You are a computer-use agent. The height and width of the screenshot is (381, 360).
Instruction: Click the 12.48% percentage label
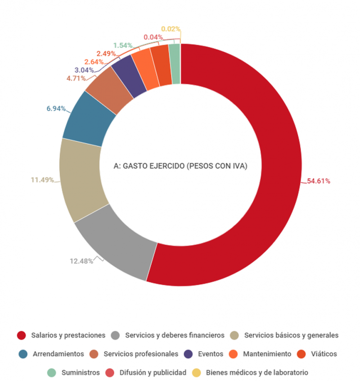pyautogui.click(x=81, y=261)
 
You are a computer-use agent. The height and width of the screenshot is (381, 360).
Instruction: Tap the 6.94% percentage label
pyautogui.click(x=56, y=109)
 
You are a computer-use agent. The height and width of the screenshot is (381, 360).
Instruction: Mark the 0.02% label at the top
pyautogui.click(x=171, y=29)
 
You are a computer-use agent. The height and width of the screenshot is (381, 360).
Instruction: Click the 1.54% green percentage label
pyautogui.click(x=122, y=45)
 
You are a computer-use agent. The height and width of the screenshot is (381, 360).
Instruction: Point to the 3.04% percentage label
pyautogui.click(x=84, y=70)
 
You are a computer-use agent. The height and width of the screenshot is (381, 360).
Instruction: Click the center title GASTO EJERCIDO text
pyautogui.click(x=180, y=166)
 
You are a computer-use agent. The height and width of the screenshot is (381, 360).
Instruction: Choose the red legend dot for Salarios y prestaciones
pyautogui.click(x=21, y=335)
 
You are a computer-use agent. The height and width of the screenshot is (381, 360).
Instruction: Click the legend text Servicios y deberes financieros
pyautogui.click(x=175, y=335)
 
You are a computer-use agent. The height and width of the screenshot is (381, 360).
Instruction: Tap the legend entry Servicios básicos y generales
pyautogui.click(x=291, y=335)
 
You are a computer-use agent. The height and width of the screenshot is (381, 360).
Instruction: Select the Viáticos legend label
pyautogui.click(x=324, y=354)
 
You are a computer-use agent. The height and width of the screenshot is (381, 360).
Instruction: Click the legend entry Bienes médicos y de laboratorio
pyautogui.click(x=257, y=373)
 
